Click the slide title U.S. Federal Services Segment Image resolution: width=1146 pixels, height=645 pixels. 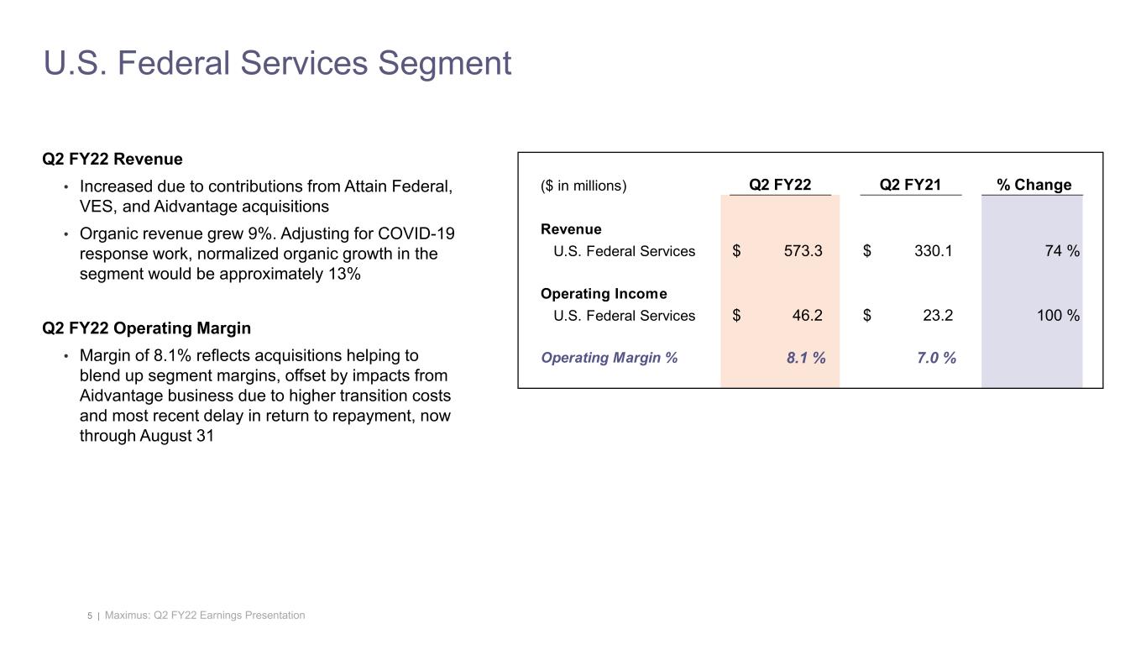277,64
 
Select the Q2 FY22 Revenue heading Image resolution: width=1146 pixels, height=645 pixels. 113,159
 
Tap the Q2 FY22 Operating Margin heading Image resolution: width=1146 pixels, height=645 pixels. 146,327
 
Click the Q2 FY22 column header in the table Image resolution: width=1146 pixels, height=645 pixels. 780,185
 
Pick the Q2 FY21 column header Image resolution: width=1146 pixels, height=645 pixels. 910,185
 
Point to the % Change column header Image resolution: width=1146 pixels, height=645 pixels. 1033,185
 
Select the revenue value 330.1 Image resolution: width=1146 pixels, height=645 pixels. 933,251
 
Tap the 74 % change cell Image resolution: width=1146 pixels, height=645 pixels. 1061,251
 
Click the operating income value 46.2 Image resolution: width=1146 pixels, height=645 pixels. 807,316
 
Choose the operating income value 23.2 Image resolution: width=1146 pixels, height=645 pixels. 938,316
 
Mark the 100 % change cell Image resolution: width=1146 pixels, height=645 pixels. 1056,316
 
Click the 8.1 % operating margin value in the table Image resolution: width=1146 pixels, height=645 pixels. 805,358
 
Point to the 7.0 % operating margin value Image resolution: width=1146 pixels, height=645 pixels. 936,358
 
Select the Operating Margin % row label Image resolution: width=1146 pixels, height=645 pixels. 609,358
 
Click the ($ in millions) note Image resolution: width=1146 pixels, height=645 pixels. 583,186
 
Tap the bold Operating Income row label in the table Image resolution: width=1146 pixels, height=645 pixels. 604,294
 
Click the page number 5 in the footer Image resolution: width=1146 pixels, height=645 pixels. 90,616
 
